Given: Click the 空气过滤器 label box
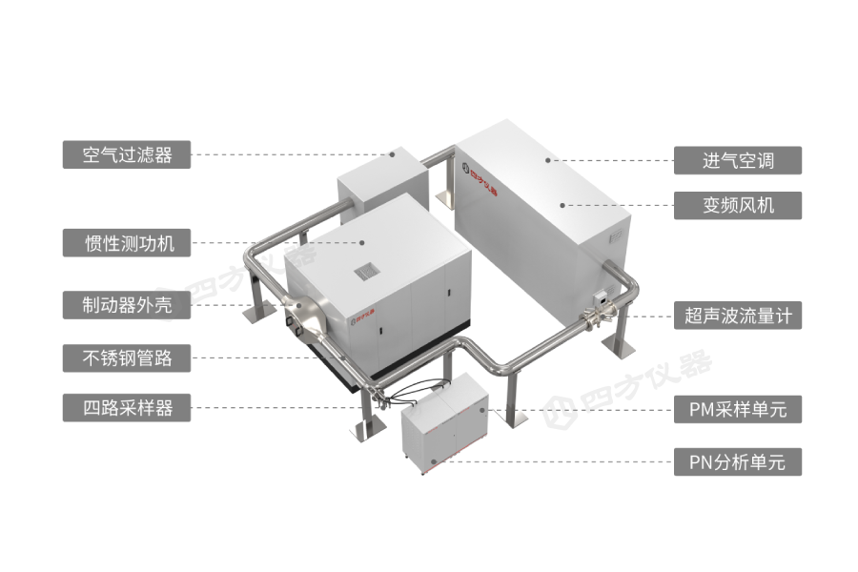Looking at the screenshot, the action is pos(127,154).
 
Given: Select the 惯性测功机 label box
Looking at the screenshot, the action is pos(127,242).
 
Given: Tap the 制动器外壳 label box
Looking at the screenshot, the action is pos(127,305).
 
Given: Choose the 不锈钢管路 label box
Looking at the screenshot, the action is pos(127,358).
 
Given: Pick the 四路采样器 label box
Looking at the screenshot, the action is pos(127,407).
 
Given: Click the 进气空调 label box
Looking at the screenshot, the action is pos(738,160).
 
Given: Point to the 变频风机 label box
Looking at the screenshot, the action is pos(738,205).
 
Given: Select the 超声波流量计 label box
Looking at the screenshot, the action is pos(738,316).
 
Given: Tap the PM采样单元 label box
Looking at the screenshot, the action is pos(738,409).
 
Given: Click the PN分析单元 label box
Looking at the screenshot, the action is pos(738,462).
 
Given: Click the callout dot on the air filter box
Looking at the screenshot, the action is pos(393,154).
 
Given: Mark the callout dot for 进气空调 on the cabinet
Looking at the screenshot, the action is pos(548,160).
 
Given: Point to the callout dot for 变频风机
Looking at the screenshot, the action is pos(562,205).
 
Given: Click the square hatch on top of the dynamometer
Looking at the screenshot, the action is pos(367,271).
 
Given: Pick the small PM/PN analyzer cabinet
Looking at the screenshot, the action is pos(444,423).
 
